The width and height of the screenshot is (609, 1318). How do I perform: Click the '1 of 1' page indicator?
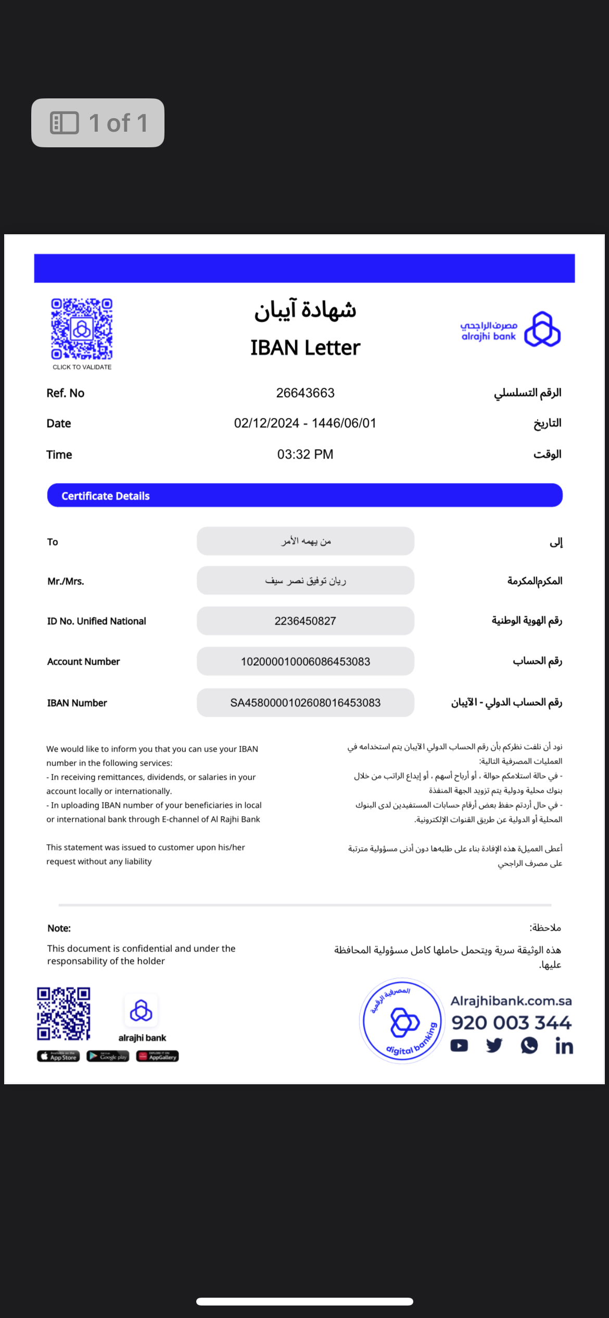(x=98, y=123)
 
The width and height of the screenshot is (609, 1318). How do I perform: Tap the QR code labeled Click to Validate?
(x=82, y=329)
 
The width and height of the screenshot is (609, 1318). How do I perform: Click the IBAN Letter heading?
(x=305, y=348)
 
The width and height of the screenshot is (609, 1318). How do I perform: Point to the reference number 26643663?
(x=305, y=393)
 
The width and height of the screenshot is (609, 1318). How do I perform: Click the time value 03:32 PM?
(x=305, y=454)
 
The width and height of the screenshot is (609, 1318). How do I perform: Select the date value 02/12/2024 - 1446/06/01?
(x=305, y=423)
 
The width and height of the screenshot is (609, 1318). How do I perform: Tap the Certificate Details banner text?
(x=106, y=496)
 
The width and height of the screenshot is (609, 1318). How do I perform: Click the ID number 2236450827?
(x=305, y=621)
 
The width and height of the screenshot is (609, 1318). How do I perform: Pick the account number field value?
(x=305, y=662)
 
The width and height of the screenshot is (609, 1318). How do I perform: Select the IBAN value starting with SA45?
(x=305, y=703)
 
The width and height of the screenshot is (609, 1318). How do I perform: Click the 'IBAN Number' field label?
(x=77, y=703)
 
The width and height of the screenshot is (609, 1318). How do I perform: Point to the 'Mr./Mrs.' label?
(x=66, y=581)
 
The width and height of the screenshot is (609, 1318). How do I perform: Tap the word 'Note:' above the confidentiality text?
(x=59, y=928)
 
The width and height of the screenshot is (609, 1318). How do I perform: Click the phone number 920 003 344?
(x=511, y=1023)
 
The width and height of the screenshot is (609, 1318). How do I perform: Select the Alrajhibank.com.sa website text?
(x=511, y=1001)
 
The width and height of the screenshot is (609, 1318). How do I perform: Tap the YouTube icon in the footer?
(x=459, y=1046)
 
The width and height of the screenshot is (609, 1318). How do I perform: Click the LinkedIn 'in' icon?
(x=564, y=1046)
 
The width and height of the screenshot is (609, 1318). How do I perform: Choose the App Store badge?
(x=58, y=1056)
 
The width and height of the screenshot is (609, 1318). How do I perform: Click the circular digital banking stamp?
(x=401, y=1021)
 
